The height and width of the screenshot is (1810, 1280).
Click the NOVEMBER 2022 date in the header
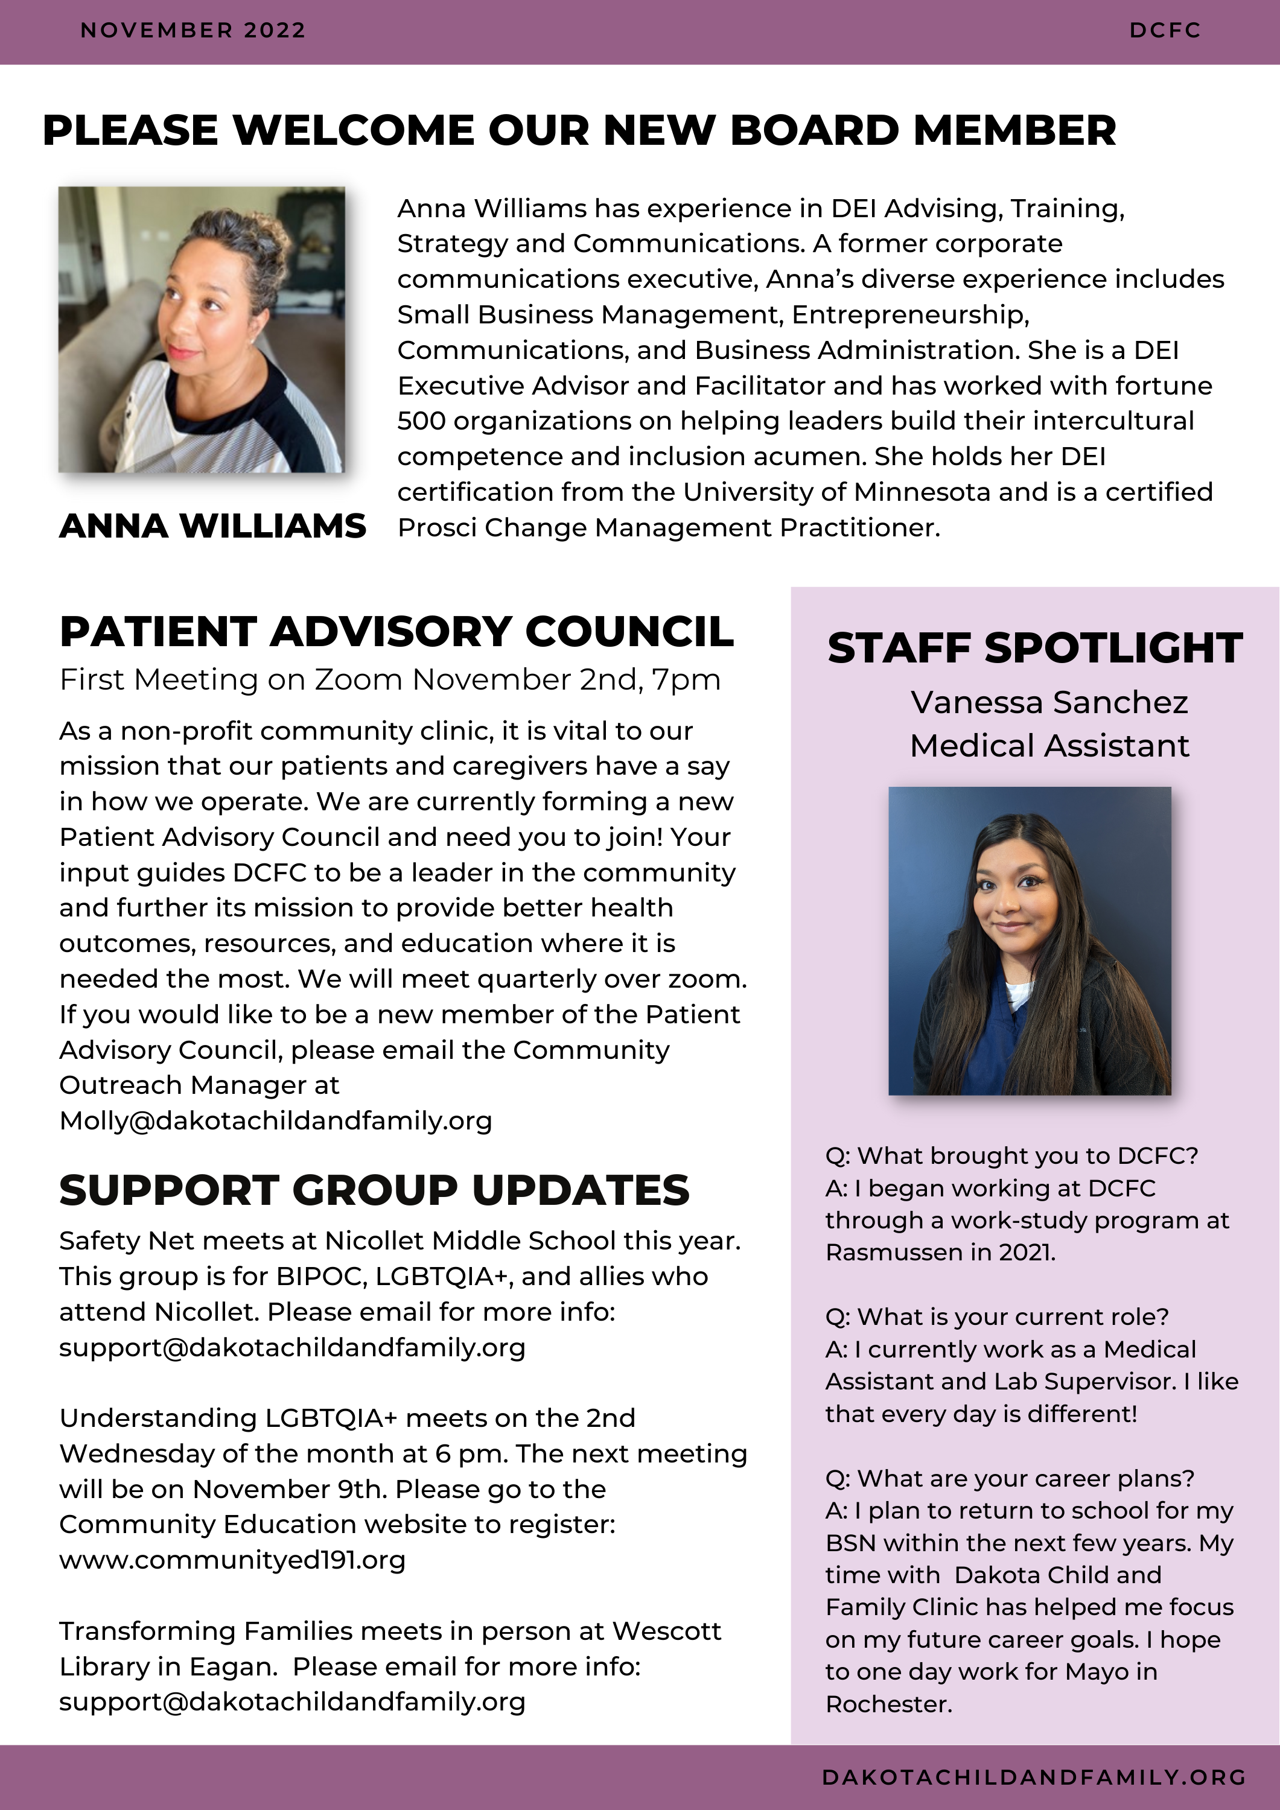click(193, 31)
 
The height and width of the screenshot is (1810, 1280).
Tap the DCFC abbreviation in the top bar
click(1164, 31)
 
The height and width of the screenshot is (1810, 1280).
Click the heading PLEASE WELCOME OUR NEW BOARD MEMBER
click(579, 130)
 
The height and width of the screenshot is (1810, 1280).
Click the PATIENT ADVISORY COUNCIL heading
click(396, 632)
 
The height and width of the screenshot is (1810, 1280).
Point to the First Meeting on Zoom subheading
click(390, 679)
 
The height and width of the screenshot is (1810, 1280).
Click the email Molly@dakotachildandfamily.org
click(275, 1120)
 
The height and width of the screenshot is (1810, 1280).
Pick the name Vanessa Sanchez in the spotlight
click(1049, 702)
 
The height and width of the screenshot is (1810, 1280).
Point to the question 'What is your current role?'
click(997, 1316)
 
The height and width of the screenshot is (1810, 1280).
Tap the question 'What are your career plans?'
click(1010, 1478)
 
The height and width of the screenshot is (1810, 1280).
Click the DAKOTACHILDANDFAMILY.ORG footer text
click(1034, 1777)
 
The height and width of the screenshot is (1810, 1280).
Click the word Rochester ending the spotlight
click(888, 1704)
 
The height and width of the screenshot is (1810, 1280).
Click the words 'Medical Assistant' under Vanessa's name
click(1049, 746)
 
